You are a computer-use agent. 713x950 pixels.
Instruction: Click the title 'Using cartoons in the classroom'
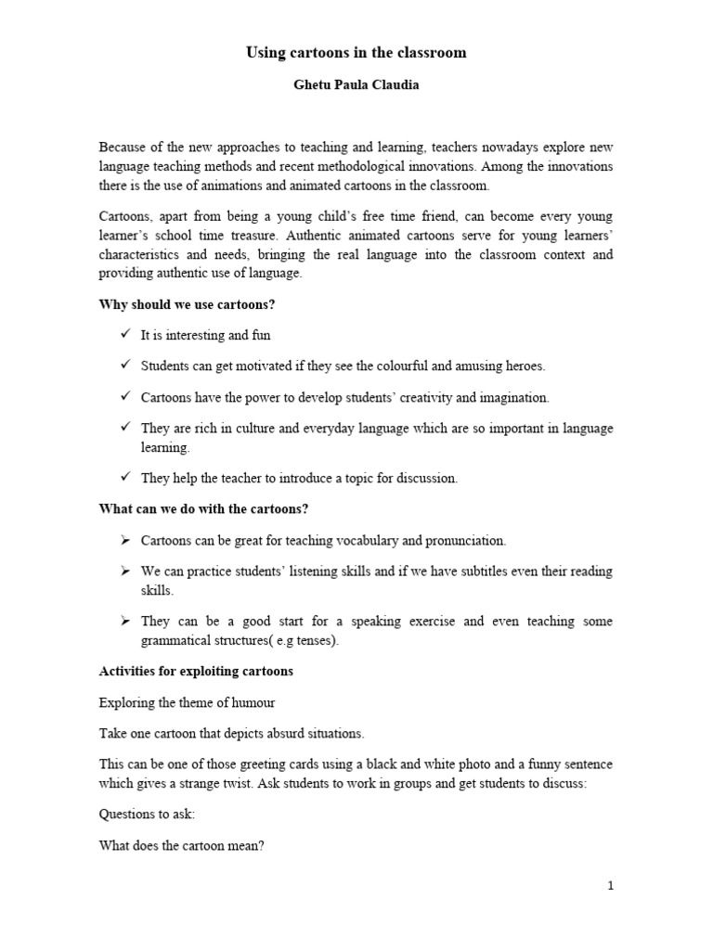[356, 53]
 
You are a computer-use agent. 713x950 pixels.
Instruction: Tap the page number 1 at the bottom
[610, 886]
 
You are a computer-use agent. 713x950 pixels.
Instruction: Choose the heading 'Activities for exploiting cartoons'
[196, 671]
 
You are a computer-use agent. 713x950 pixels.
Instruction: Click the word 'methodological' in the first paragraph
[434, 165]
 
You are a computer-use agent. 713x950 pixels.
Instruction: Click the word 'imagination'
[514, 397]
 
